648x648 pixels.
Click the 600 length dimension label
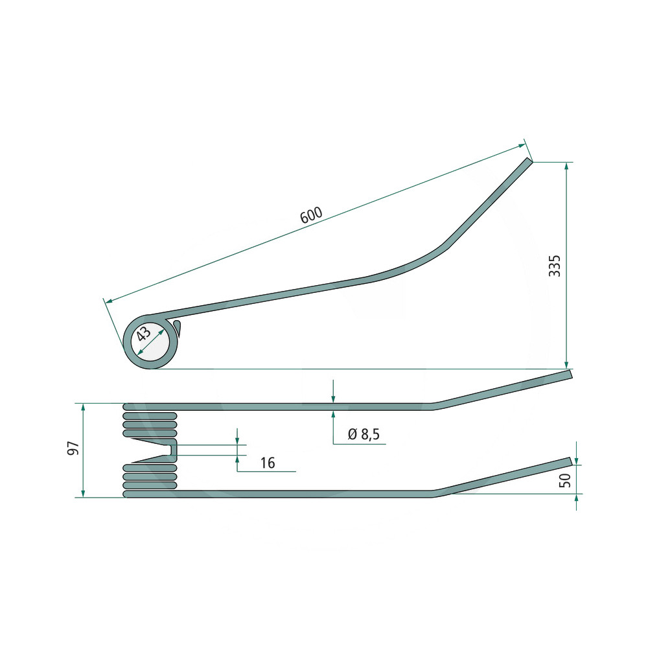[311, 215]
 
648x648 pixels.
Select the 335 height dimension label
[555, 266]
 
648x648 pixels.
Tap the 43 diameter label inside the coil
[144, 333]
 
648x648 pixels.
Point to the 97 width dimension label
[73, 448]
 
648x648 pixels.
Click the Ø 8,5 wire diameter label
[364, 434]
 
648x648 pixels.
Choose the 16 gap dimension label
[268, 463]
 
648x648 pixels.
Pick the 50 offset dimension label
[564, 480]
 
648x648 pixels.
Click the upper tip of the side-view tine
[530, 159]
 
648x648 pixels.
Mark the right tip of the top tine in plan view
[571, 374]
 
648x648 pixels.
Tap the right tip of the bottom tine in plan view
[571, 461]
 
